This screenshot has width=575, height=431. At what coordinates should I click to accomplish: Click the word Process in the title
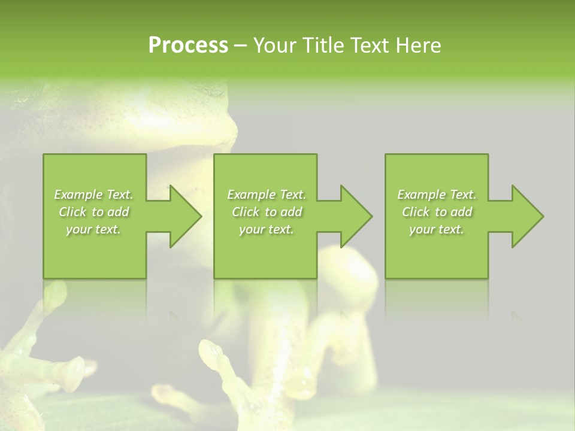pyautogui.click(x=188, y=45)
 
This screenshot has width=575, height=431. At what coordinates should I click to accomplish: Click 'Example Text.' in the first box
pyautogui.click(x=93, y=195)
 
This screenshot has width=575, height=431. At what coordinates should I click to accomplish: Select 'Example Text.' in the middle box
pyautogui.click(x=266, y=195)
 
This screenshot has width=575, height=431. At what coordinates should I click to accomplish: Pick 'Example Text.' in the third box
pyautogui.click(x=437, y=195)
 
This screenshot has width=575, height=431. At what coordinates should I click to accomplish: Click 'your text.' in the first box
pyautogui.click(x=93, y=229)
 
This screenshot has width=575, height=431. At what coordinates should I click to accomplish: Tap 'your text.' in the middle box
pyautogui.click(x=266, y=229)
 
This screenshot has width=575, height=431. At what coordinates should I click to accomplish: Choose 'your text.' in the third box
pyautogui.click(x=437, y=229)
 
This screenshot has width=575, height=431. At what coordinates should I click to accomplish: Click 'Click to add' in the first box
pyautogui.click(x=93, y=212)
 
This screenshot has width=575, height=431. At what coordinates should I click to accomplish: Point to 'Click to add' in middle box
pyautogui.click(x=266, y=212)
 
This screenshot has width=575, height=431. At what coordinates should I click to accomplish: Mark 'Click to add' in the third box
pyautogui.click(x=437, y=212)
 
